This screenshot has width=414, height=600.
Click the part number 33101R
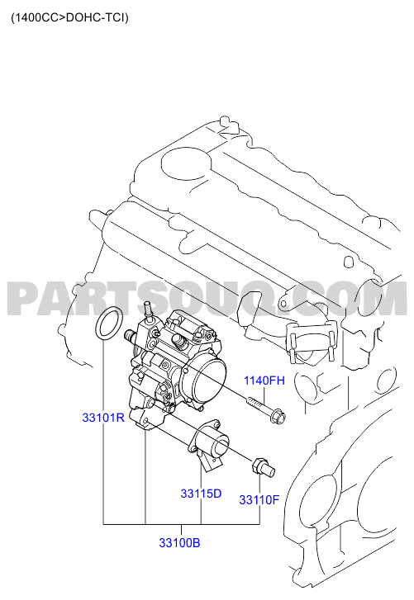103,418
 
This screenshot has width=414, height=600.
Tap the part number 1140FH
264,380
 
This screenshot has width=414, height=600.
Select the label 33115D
201,494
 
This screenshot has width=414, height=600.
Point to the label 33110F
259,500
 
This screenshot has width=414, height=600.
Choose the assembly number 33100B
179,542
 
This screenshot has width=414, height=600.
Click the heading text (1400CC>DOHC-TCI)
69,17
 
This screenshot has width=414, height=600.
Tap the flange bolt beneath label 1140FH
265,409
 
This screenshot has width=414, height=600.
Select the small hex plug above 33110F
263,466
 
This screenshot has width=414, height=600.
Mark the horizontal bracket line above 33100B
182,523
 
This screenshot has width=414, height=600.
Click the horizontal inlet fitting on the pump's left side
131,336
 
